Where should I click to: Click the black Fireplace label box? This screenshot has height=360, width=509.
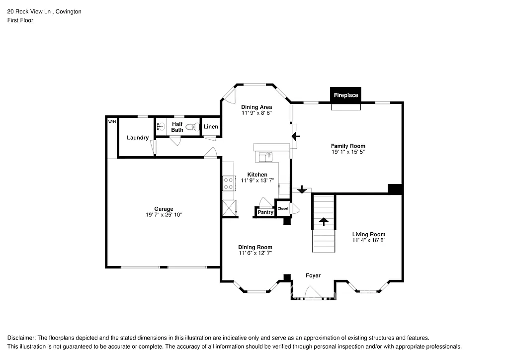pyautogui.click(x=345, y=94)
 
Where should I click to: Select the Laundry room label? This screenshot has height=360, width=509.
pyautogui.click(x=137, y=138)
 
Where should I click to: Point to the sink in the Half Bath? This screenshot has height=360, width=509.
pyautogui.click(x=161, y=126)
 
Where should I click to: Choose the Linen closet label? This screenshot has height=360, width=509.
pyautogui.click(x=211, y=127)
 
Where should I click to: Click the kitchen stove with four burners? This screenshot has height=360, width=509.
pyautogui.click(x=229, y=183)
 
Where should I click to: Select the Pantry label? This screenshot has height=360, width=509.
pyautogui.click(x=265, y=212)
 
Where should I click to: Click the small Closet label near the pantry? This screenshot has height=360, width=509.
pyautogui.click(x=283, y=208)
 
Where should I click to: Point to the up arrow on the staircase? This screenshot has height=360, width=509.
pyautogui.click(x=324, y=221)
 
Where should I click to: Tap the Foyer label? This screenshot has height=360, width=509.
pyautogui.click(x=313, y=275)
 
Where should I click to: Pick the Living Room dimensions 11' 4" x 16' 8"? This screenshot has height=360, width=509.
pyautogui.click(x=368, y=241)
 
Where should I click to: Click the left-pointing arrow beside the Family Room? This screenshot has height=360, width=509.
pyautogui.click(x=297, y=136)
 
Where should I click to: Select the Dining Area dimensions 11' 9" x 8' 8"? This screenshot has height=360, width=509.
pyautogui.click(x=256, y=113)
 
